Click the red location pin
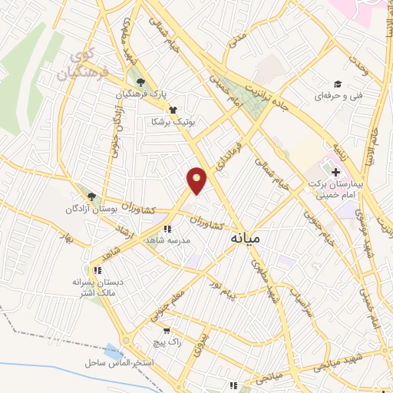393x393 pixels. click(x=197, y=180)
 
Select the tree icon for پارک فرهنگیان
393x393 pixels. click(x=139, y=82)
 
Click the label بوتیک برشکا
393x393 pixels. click(x=175, y=121)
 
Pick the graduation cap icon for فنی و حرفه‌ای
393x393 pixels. click(x=336, y=84)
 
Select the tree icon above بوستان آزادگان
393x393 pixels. click(x=91, y=196)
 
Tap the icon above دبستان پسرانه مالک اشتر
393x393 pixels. click(x=97, y=269)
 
